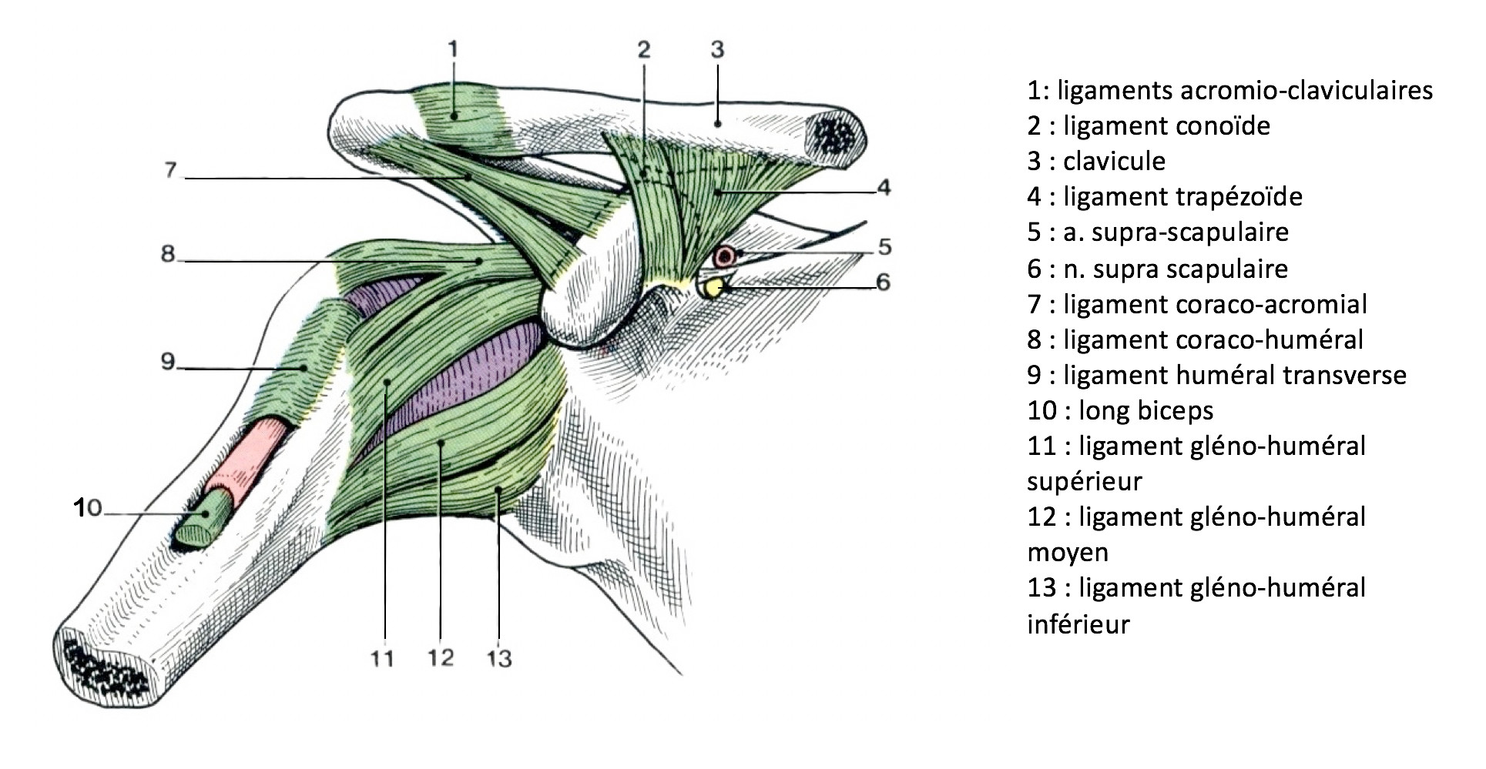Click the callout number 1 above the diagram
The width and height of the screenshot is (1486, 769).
click(x=453, y=50)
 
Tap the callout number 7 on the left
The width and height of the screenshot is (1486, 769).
click(x=171, y=169)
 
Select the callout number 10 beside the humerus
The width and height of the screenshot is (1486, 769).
click(x=89, y=507)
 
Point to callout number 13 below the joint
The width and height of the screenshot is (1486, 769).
click(x=499, y=659)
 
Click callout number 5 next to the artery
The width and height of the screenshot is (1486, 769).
click(x=884, y=247)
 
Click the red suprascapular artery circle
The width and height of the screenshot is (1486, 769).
click(x=725, y=257)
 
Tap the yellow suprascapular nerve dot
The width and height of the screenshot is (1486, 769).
click(x=714, y=289)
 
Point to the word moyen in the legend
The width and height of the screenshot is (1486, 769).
click(x=1068, y=553)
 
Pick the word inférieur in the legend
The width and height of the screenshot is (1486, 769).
click(x=1078, y=624)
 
